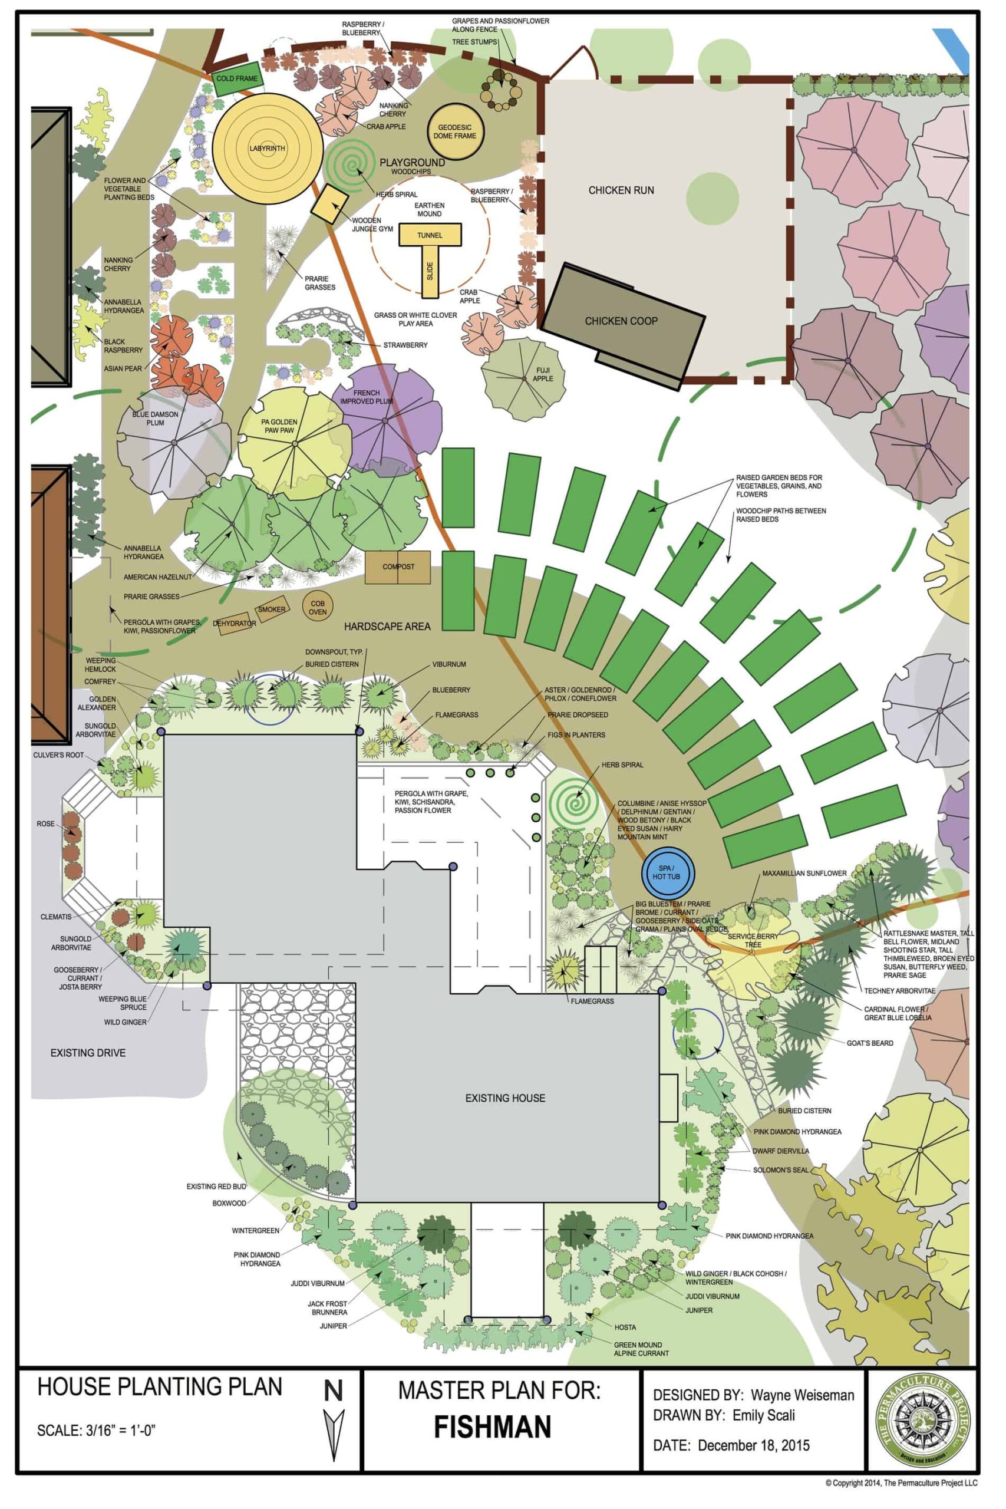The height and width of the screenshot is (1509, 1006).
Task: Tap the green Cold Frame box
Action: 237,79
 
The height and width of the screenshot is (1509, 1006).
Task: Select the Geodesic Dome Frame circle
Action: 455,131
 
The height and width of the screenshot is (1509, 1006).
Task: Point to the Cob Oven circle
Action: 318,608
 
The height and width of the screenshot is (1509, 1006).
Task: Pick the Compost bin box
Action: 398,567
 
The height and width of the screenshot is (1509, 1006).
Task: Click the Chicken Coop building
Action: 621,321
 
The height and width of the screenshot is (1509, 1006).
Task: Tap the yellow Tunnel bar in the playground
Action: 430,235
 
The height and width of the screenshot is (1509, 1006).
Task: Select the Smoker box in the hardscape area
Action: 271,609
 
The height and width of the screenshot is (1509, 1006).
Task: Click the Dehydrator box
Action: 234,623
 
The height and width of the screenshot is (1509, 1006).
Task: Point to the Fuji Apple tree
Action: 523,378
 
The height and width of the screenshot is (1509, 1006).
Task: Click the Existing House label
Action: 505,1098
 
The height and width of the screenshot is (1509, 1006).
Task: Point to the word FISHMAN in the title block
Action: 492,1427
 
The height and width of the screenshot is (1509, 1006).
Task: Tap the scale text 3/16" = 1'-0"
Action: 97,1431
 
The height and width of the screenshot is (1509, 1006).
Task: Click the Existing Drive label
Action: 88,1053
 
